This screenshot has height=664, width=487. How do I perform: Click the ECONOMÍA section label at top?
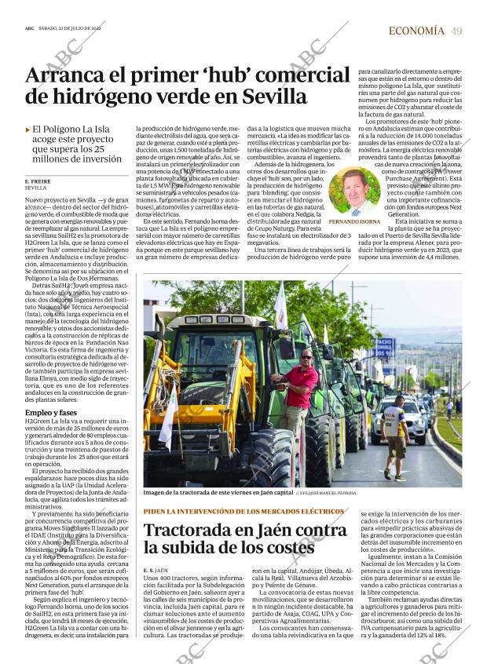pos(416,31)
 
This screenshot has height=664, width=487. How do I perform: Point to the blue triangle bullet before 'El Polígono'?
pos(28,129)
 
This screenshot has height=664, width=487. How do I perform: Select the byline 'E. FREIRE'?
pos(38,181)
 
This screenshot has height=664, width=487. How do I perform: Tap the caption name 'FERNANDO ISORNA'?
pos(353,222)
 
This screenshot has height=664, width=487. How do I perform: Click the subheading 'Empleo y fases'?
pos(51,413)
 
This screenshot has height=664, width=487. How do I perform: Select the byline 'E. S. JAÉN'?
pos(156,569)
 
